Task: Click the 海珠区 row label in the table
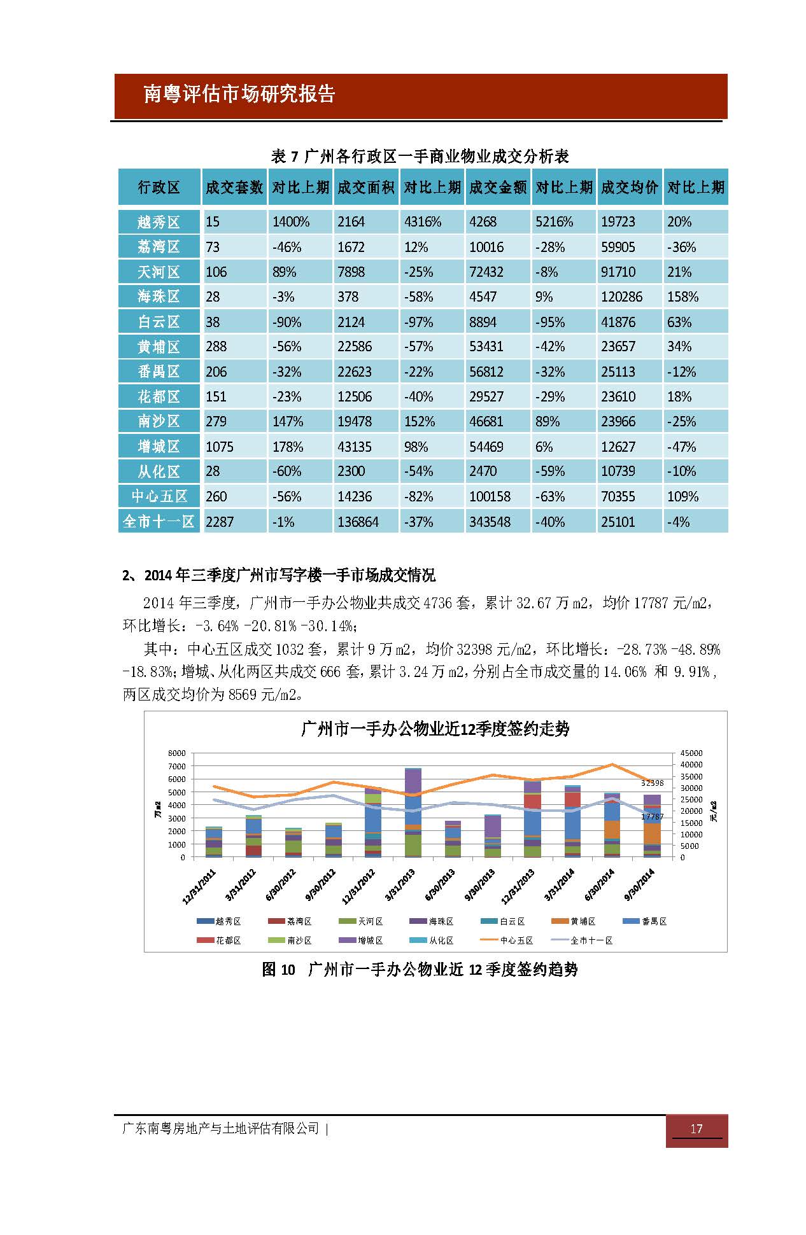(x=159, y=297)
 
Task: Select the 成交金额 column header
(x=498, y=187)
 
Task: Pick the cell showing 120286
(x=630, y=297)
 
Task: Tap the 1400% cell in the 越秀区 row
(x=299, y=222)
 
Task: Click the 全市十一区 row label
(x=159, y=522)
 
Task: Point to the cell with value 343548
(x=498, y=522)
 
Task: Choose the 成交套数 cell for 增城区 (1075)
(x=234, y=447)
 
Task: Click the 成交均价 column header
(x=630, y=187)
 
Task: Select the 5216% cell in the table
(x=563, y=222)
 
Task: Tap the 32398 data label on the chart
(x=652, y=783)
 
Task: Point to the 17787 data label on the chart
(x=652, y=816)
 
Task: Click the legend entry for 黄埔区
(x=574, y=921)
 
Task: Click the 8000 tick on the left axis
(x=176, y=753)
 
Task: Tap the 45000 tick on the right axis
(x=691, y=753)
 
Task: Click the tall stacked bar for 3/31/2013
(x=413, y=813)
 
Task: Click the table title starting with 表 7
(x=420, y=156)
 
